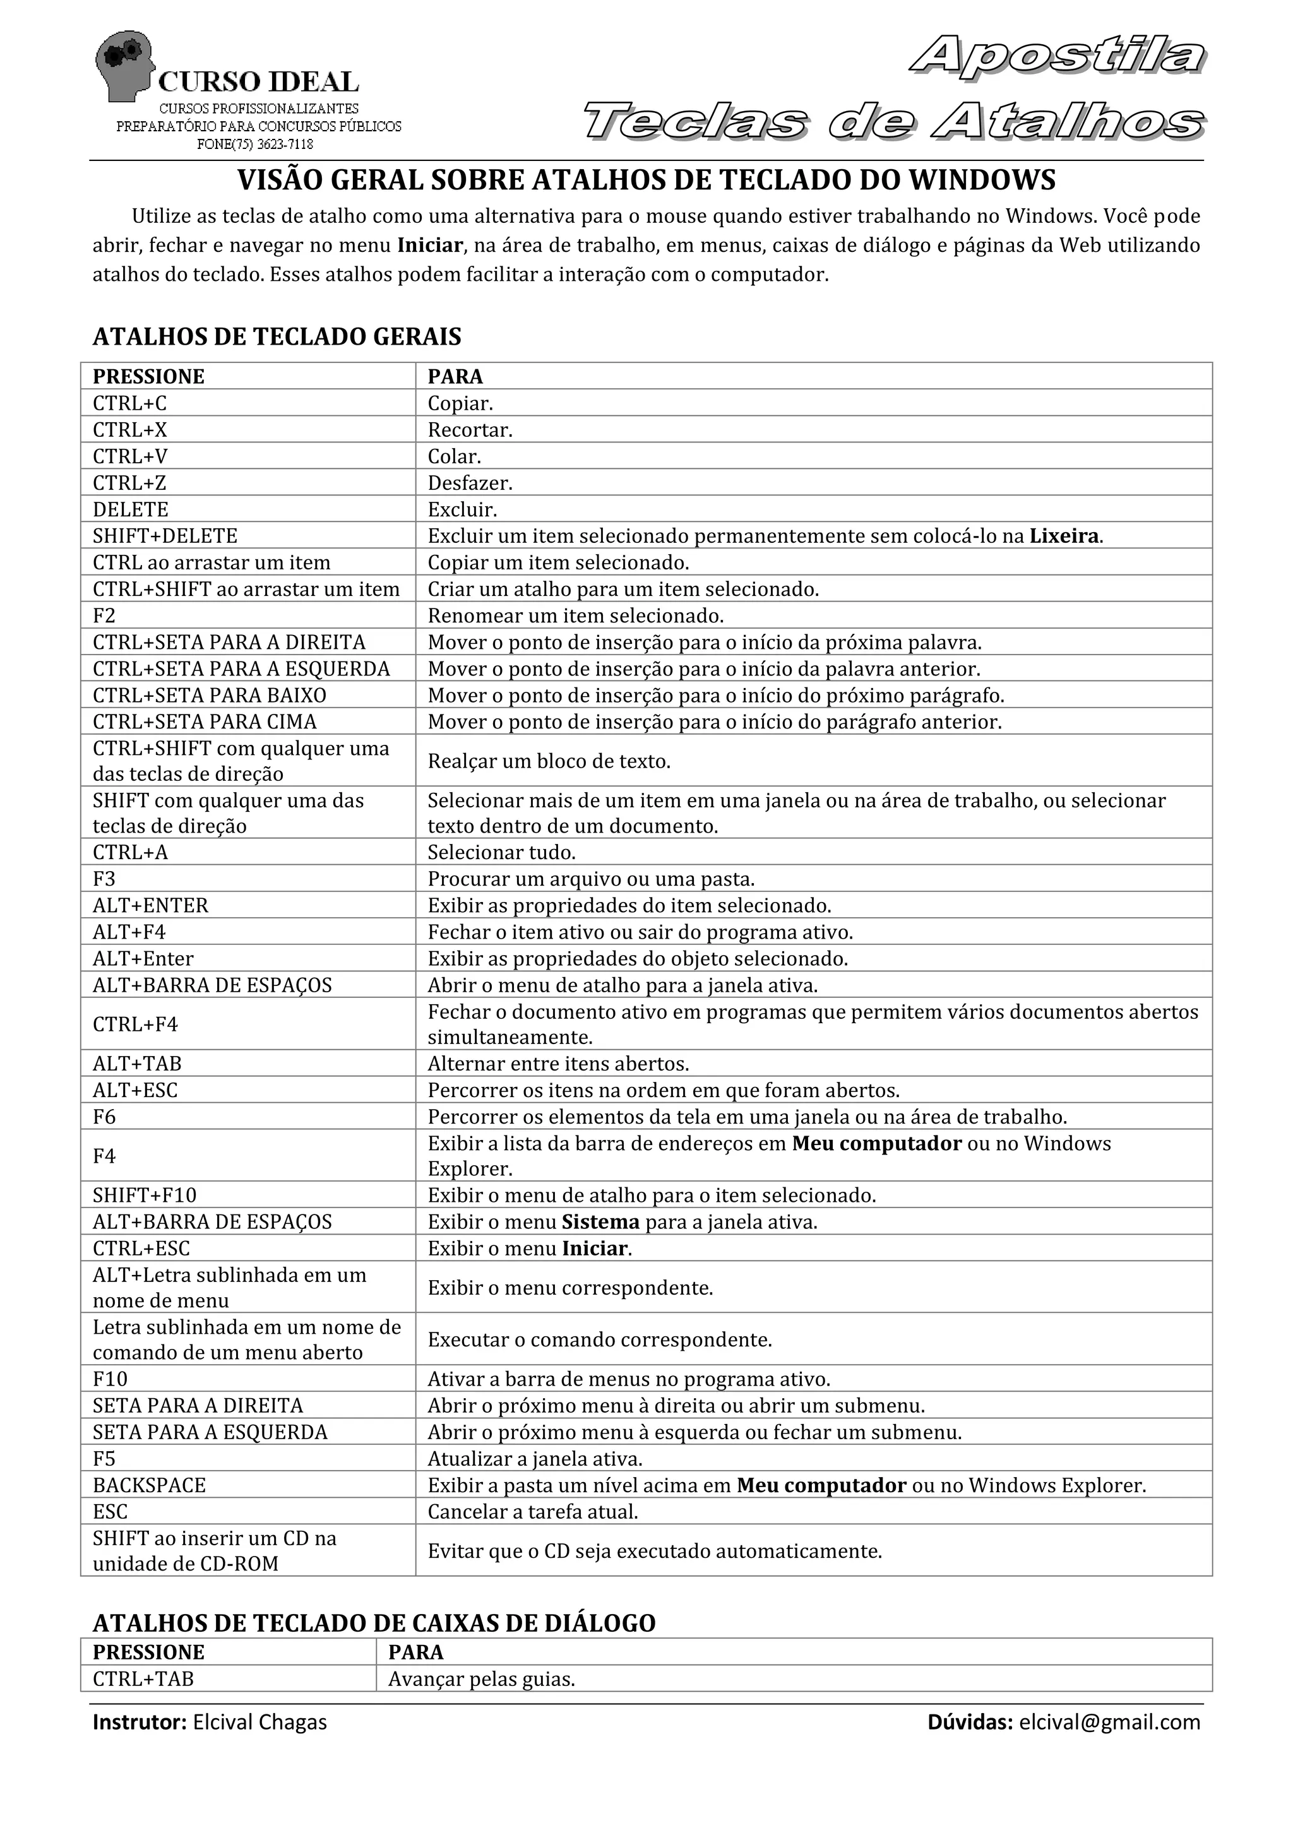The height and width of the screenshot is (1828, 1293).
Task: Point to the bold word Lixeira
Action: click(x=1064, y=536)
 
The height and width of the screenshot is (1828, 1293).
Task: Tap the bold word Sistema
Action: click(x=600, y=1221)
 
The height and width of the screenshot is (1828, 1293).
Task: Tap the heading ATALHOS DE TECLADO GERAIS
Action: click(x=277, y=337)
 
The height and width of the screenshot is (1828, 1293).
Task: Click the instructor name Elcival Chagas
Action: click(x=259, y=1722)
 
